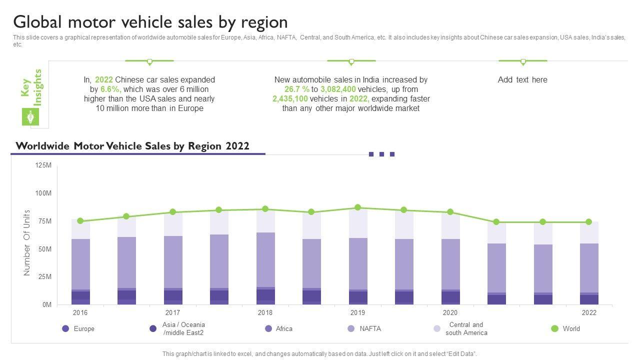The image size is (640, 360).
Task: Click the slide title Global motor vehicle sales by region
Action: point(150,22)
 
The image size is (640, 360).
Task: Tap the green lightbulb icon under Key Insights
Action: point(30,117)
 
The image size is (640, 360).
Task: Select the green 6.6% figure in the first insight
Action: point(110,89)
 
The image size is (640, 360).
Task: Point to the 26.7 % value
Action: point(297,89)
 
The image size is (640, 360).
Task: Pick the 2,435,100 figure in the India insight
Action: point(290,98)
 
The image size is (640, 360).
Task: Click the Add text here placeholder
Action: point(522,79)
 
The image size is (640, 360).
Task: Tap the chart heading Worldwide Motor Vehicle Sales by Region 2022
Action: point(132,146)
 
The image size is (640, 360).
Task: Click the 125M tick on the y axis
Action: point(43,165)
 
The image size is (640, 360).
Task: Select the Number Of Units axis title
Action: point(27,242)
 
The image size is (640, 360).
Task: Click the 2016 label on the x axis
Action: point(80,313)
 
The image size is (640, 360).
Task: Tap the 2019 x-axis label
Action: point(357,313)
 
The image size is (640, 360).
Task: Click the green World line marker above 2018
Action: point(265,209)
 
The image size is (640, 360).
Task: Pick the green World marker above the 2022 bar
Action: point(588,222)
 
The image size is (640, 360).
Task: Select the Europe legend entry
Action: point(83,329)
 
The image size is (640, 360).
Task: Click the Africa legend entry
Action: point(284,329)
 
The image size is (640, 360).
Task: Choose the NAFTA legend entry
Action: point(370,329)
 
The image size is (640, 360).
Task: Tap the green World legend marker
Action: point(554,328)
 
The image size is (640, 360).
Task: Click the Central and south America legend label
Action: point(466,328)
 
